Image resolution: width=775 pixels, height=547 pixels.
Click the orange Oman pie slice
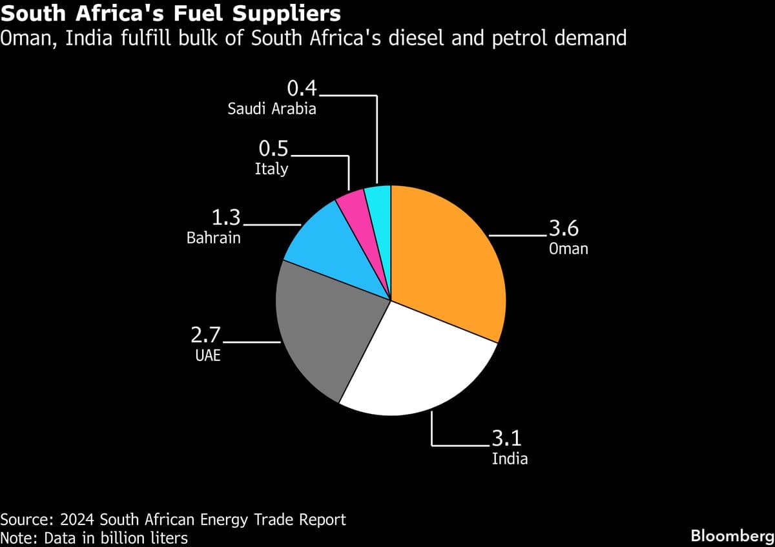(x=446, y=258)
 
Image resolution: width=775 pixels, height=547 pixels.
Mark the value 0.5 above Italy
(x=274, y=150)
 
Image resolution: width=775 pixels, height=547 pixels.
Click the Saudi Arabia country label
(x=272, y=108)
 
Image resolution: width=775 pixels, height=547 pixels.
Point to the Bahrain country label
(x=213, y=238)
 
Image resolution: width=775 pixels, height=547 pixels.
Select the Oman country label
(x=568, y=248)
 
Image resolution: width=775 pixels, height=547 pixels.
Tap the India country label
(x=510, y=459)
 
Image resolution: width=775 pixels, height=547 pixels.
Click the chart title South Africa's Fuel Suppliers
(x=171, y=12)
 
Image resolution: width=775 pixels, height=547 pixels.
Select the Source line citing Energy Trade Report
(x=173, y=519)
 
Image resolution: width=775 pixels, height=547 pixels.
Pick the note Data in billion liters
(x=94, y=537)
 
